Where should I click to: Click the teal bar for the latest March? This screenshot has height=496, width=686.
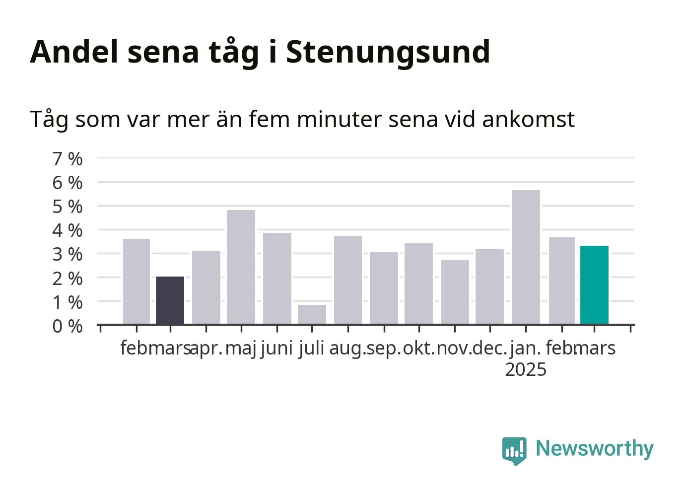pos(594,285)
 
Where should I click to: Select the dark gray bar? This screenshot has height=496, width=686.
pos(170,300)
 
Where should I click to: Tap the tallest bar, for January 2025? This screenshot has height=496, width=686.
pos(526,257)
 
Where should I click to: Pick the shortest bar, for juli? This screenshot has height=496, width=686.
pos(312,314)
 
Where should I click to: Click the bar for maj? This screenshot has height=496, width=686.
pos(241,267)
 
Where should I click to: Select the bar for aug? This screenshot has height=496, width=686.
pos(348,280)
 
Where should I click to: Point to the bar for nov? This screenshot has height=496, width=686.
pos(455,292)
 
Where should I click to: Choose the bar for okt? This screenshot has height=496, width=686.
pos(418,283)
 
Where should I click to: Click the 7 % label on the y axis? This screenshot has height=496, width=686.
pos(68,159)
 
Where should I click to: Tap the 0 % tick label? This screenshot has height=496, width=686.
pos(68,326)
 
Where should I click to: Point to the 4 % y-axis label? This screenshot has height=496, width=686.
pos(68,230)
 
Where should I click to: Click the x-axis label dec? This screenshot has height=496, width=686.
pos(490,349)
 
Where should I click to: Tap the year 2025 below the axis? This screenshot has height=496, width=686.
pos(526,369)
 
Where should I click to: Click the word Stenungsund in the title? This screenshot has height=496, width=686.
pos(388,53)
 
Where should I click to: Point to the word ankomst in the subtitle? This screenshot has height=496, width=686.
pos(528,119)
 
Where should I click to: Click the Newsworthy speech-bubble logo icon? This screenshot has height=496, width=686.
pos(514,451)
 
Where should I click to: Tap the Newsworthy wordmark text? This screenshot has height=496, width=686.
pos(595,448)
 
